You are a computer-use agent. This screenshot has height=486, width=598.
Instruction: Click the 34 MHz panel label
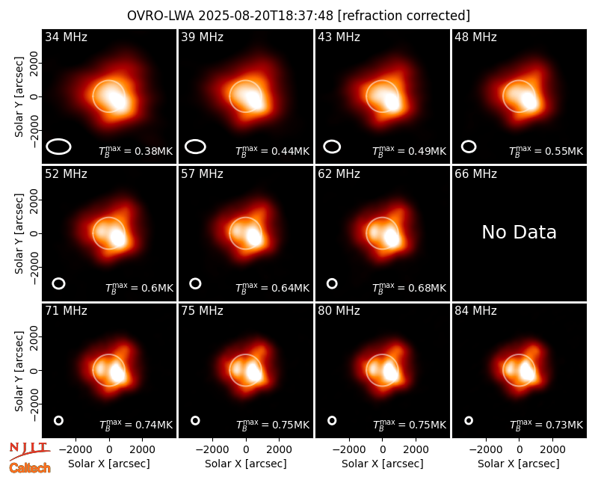66,37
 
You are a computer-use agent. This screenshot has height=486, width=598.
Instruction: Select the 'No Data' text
519,232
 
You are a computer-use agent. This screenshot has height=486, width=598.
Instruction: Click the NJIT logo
29,450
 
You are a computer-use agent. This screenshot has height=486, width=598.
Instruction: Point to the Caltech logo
30,468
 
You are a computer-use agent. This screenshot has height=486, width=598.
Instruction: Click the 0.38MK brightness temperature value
149,151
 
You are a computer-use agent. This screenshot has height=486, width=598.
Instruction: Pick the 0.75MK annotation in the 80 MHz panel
422,425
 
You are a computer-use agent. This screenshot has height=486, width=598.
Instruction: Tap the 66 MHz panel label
475,174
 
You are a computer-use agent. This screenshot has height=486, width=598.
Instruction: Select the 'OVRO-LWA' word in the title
161,16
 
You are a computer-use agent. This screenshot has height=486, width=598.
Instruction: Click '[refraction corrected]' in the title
404,16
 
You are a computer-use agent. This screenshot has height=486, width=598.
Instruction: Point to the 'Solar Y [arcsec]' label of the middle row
19,233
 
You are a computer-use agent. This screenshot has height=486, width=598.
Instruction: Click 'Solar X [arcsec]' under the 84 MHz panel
519,464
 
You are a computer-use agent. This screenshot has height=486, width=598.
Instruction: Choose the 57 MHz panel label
202,174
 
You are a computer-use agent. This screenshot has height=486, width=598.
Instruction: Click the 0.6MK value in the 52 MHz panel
152,288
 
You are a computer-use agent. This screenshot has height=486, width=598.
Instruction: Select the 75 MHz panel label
202,311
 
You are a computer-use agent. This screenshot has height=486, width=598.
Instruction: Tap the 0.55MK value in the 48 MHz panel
559,151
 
